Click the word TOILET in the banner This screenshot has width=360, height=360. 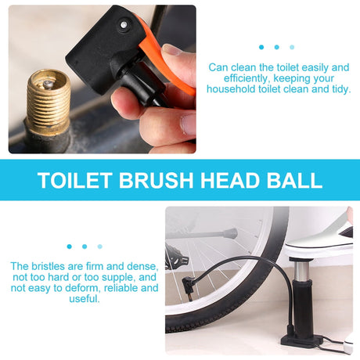point(75,180)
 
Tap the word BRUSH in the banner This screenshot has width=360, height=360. point(156,180)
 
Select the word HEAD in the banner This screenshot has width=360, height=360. point(230,180)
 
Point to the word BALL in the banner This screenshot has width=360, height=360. point(294,180)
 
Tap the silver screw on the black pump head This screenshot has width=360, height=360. point(124,25)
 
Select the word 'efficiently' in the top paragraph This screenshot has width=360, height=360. point(246,78)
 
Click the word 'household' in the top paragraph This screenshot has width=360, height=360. point(231,89)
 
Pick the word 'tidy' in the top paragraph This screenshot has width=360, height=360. point(341,89)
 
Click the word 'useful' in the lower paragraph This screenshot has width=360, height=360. point(84,299)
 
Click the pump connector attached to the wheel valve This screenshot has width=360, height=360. point(188,286)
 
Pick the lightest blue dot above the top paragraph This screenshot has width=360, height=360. point(292,47)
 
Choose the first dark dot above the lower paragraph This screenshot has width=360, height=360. point(69,247)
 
